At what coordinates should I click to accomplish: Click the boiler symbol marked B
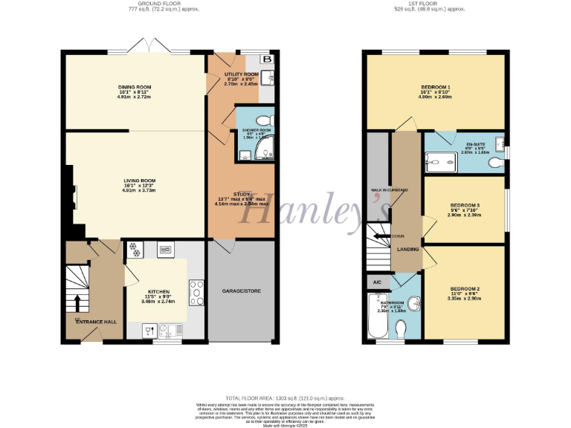click(x=267, y=59)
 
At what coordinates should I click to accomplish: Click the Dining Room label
click(x=135, y=87)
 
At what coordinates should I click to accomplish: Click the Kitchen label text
click(x=159, y=291)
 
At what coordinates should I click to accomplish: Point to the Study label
click(x=243, y=194)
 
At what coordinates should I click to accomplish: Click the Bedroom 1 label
click(x=435, y=87)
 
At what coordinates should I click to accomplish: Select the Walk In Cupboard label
click(x=390, y=190)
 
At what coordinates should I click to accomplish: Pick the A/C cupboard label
click(x=375, y=283)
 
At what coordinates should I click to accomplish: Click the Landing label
click(x=408, y=250)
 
